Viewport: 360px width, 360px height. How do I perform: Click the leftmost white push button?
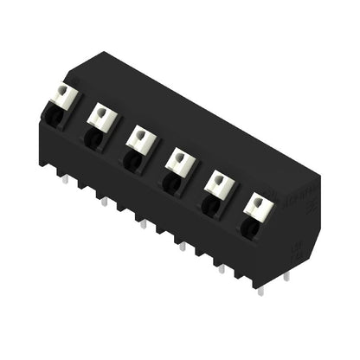point(63,93)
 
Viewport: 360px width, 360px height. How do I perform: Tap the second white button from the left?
point(101,116)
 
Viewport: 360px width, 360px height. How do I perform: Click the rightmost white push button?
point(257,206)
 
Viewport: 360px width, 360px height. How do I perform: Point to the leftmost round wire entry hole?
point(51,112)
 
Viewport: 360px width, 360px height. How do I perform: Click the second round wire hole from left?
point(92,136)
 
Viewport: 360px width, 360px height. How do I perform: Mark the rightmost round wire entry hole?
point(248,227)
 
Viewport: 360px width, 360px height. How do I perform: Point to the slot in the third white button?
point(140,135)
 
